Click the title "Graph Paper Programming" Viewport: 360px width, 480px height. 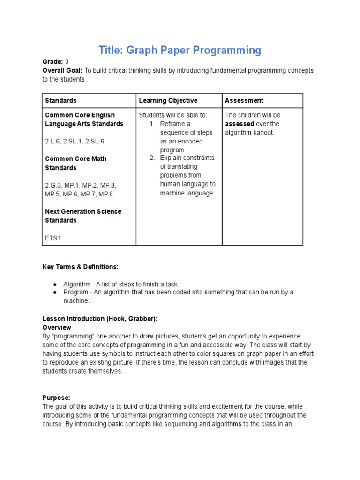[x=180, y=50]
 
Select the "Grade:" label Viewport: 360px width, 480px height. [x=52, y=62]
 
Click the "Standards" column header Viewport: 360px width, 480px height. [x=60, y=101]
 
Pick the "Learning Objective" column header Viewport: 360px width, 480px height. [x=168, y=101]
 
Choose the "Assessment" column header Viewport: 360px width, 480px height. [x=244, y=101]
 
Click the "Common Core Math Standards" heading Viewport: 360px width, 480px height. [x=75, y=163]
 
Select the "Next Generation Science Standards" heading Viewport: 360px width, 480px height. [x=83, y=216]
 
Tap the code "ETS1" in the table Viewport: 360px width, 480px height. [x=53, y=238]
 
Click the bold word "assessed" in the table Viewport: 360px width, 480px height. [x=240, y=124]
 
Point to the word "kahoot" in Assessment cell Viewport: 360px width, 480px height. [x=263, y=133]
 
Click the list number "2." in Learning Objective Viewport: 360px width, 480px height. [x=152, y=158]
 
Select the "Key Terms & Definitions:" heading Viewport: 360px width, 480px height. [x=80, y=267]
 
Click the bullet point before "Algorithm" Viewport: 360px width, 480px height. [x=55, y=284]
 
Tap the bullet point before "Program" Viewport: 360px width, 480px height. [x=55, y=292]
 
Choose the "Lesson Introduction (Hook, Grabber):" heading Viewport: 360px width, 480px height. [x=99, y=319]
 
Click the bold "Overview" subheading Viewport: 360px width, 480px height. [x=57, y=327]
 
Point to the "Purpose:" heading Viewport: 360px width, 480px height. [x=56, y=397]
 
